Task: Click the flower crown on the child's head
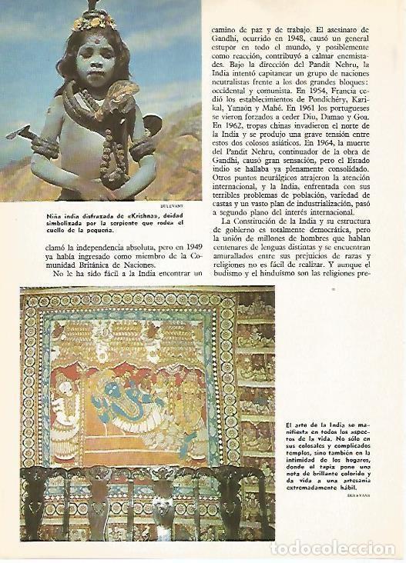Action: coord(95,23)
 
